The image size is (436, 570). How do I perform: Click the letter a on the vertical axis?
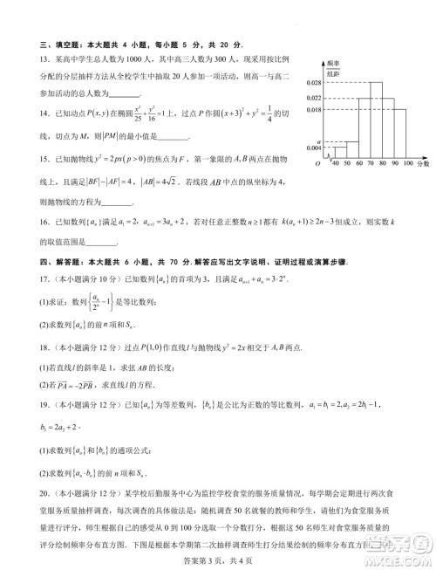318,141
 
